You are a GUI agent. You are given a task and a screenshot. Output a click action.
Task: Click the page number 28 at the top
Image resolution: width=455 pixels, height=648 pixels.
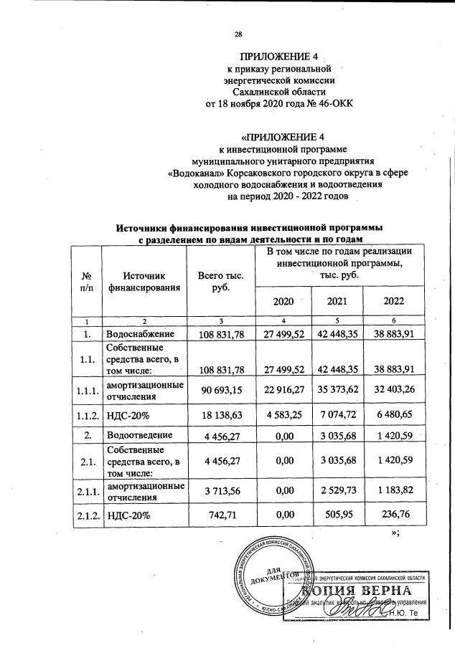(239, 34)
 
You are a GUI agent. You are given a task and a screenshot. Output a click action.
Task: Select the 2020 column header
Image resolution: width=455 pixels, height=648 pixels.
(283, 301)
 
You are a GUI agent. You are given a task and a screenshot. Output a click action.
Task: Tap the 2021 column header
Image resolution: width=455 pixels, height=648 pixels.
(337, 301)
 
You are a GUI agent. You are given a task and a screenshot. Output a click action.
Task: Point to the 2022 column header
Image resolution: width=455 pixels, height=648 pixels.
(390, 301)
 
